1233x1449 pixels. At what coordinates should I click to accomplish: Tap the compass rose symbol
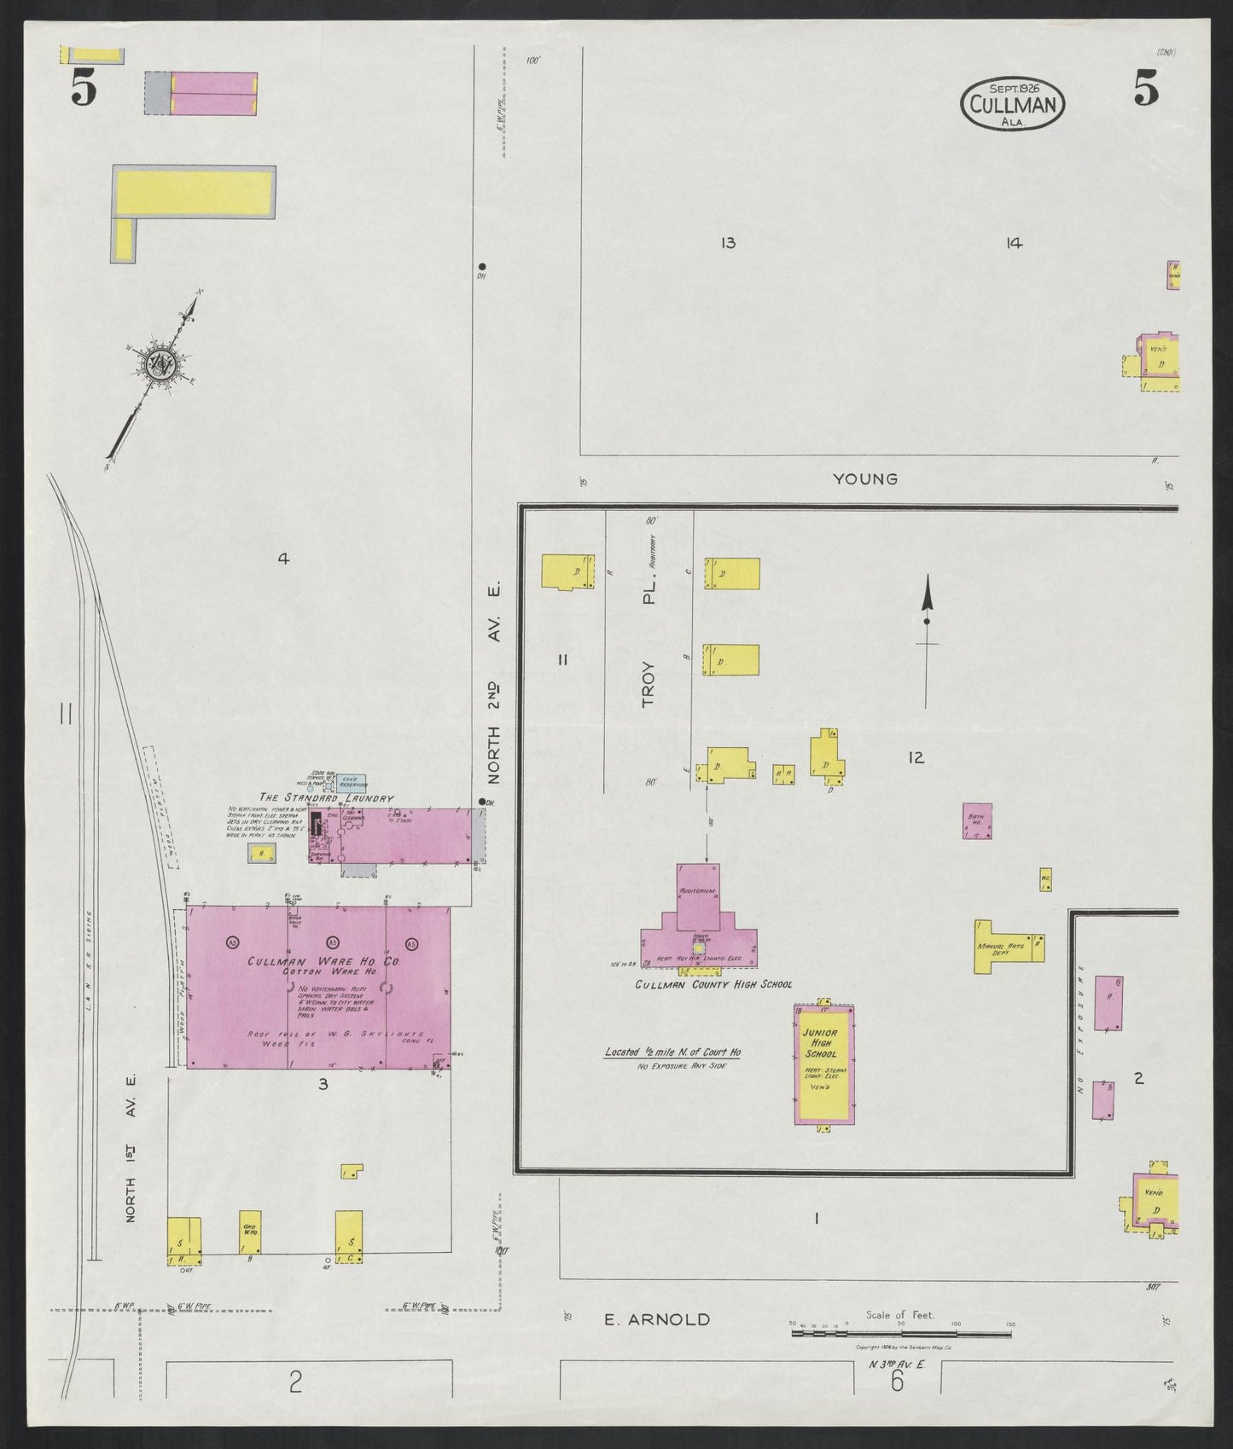160,364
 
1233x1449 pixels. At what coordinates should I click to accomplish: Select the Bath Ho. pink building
977,820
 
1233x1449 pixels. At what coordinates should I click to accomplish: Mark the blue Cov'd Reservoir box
352,783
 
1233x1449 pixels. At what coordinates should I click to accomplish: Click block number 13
727,244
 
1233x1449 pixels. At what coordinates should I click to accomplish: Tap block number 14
1013,244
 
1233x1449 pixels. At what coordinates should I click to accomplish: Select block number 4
282,559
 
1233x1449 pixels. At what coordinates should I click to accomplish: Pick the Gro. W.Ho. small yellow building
250,1232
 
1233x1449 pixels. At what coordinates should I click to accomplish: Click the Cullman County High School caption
712,984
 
